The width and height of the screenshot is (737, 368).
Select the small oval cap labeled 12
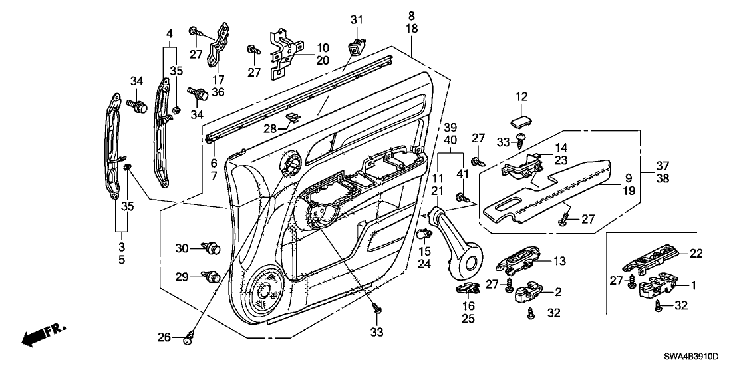520,121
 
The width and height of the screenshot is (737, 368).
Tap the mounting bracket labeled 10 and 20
286,54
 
